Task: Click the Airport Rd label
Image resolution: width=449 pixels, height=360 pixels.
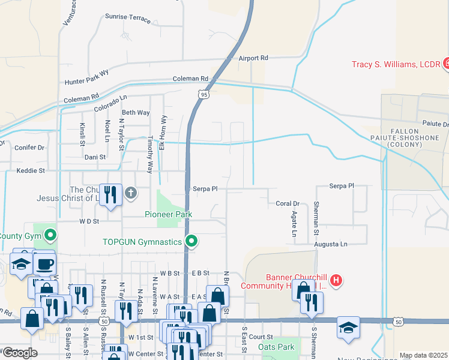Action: pyautogui.click(x=253, y=58)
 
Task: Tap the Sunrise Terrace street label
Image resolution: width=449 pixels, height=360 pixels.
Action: pyautogui.click(x=128, y=17)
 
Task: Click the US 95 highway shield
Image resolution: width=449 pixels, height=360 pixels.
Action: pyautogui.click(x=204, y=94)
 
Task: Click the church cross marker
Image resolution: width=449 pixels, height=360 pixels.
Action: pyautogui.click(x=131, y=193)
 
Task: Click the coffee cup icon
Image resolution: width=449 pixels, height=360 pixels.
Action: pyautogui.click(x=45, y=264)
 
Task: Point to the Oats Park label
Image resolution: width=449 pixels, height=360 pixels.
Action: pyautogui.click(x=276, y=347)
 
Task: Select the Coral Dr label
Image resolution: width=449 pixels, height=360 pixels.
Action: pyautogui.click(x=288, y=203)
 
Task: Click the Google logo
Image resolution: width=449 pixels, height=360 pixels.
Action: pyautogui.click(x=19, y=353)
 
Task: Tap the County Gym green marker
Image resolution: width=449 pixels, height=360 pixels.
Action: pyautogui.click(x=51, y=235)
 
